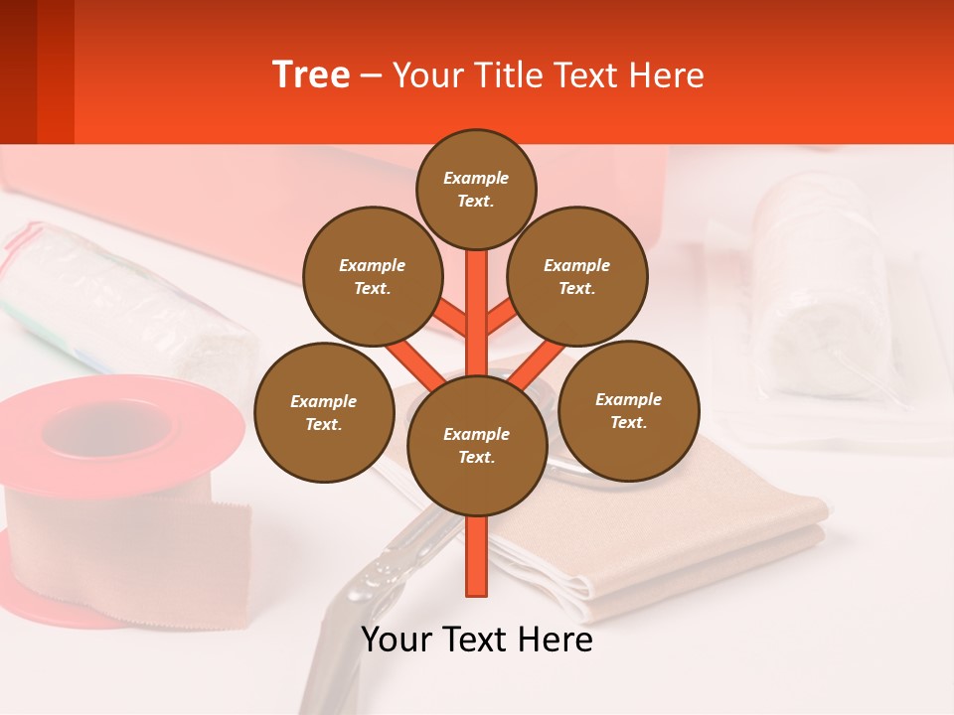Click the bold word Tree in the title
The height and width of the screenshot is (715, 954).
point(311,74)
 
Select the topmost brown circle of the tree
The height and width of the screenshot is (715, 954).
point(476,189)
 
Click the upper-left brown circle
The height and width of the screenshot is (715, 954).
point(372,276)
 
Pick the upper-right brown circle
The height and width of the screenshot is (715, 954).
point(577,276)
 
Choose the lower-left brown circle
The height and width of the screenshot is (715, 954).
point(324,412)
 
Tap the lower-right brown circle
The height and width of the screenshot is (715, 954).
point(628,410)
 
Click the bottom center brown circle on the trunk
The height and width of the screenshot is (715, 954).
point(477,445)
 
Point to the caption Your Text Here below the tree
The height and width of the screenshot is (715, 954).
point(477,640)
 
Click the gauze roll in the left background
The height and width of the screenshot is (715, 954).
point(119,298)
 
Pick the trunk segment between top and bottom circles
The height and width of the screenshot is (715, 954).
point(477,308)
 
